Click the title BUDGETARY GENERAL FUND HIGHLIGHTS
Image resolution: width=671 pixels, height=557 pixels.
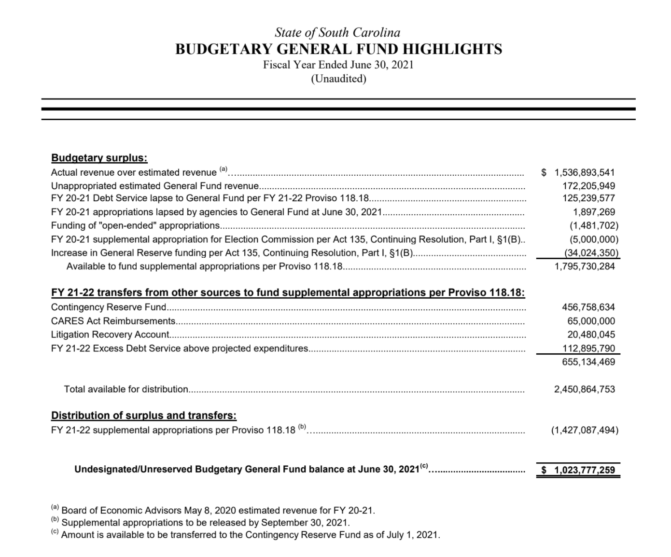(338, 49)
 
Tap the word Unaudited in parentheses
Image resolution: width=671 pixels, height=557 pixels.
(338, 79)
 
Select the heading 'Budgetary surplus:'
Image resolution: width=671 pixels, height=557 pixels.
(99, 158)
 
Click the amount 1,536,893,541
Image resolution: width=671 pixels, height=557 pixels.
(585, 172)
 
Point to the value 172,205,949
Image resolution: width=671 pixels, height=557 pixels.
(589, 185)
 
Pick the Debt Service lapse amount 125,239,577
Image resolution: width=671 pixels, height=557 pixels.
(589, 198)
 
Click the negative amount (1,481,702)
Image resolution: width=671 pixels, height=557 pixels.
(594, 225)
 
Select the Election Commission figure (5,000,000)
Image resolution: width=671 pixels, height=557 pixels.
(594, 239)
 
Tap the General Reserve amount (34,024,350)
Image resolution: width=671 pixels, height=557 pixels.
(591, 253)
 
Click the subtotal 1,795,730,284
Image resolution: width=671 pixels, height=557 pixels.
(585, 266)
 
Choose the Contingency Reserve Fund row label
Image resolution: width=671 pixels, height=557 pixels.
(109, 307)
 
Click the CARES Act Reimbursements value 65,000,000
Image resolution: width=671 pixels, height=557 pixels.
(591, 321)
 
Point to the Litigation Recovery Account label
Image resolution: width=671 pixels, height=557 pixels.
(110, 334)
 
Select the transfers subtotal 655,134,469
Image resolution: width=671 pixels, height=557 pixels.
(588, 362)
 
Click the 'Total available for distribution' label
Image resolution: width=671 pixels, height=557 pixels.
(126, 390)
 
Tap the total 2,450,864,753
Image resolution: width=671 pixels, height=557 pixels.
(585, 390)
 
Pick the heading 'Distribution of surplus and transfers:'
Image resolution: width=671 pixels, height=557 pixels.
(144, 416)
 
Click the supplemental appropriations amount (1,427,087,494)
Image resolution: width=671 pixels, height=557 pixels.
(585, 430)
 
